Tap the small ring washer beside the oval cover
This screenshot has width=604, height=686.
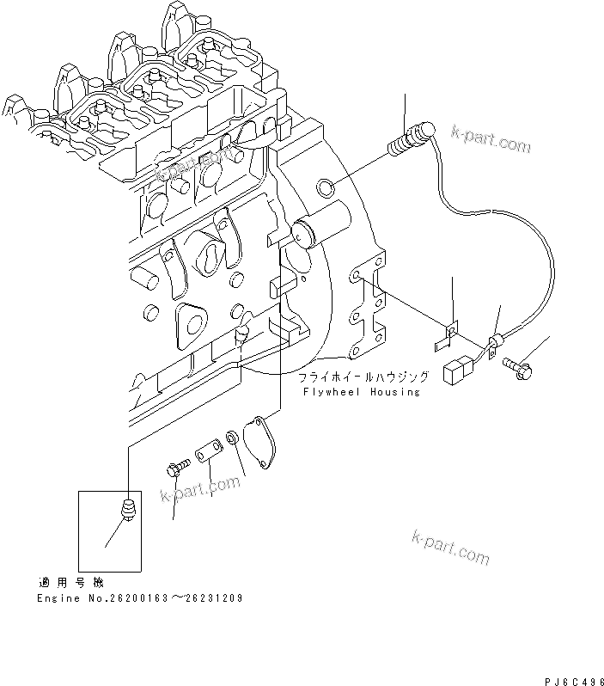233,440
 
